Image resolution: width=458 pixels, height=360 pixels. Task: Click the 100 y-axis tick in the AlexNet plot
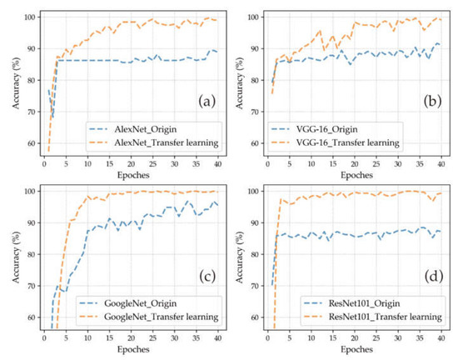pyautogui.click(x=28, y=17)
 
